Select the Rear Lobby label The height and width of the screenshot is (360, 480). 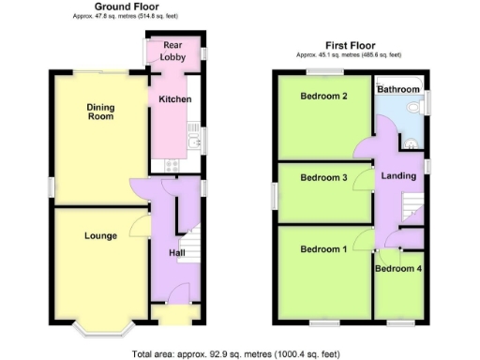tap(172, 51)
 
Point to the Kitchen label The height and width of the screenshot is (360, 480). tap(174, 98)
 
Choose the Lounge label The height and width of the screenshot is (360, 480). tap(99, 235)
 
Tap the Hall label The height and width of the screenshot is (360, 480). tap(176, 252)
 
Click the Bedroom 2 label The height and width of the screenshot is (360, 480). tap(324, 96)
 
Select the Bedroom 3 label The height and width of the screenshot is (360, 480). tap(324, 177)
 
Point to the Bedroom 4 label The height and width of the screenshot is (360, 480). tap(398, 269)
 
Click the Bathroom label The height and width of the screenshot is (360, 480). tap(398, 89)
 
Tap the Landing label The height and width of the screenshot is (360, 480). tap(399, 175)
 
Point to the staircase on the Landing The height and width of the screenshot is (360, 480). tap(409, 205)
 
